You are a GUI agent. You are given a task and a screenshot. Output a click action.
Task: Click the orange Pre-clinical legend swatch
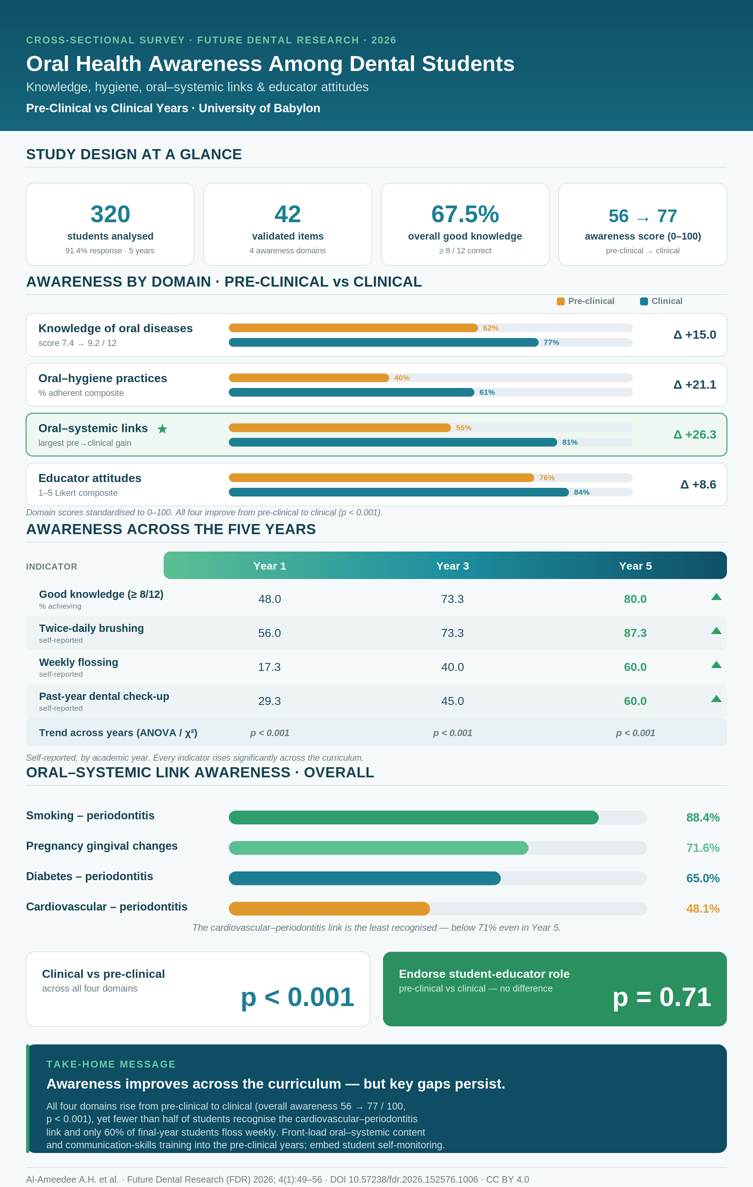(x=561, y=301)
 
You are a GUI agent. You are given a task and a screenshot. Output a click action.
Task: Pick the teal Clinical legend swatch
(x=644, y=301)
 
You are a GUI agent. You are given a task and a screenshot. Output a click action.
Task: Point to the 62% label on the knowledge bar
(x=491, y=328)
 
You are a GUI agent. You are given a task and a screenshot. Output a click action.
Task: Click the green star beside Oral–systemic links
(x=162, y=429)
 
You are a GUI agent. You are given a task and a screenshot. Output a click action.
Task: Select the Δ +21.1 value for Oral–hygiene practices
(x=695, y=384)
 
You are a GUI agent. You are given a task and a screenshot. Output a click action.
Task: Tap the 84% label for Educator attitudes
(x=581, y=492)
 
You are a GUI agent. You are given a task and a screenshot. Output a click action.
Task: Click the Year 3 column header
(x=453, y=566)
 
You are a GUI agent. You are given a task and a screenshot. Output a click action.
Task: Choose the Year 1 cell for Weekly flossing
(x=269, y=667)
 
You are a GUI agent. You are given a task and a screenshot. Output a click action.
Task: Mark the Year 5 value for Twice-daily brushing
(x=635, y=633)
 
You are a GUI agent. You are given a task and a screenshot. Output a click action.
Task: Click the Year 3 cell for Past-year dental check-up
(x=453, y=701)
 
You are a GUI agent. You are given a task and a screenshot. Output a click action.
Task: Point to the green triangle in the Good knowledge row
(x=716, y=597)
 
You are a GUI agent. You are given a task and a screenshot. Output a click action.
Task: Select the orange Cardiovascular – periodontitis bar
(x=329, y=908)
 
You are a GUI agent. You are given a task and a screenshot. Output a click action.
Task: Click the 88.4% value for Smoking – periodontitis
(x=703, y=817)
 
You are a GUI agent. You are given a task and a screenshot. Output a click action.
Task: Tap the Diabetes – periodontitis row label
(x=90, y=876)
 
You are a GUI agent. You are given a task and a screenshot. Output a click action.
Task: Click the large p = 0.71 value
(x=662, y=997)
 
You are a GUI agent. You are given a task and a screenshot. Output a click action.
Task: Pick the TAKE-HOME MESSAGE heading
(x=111, y=1064)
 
